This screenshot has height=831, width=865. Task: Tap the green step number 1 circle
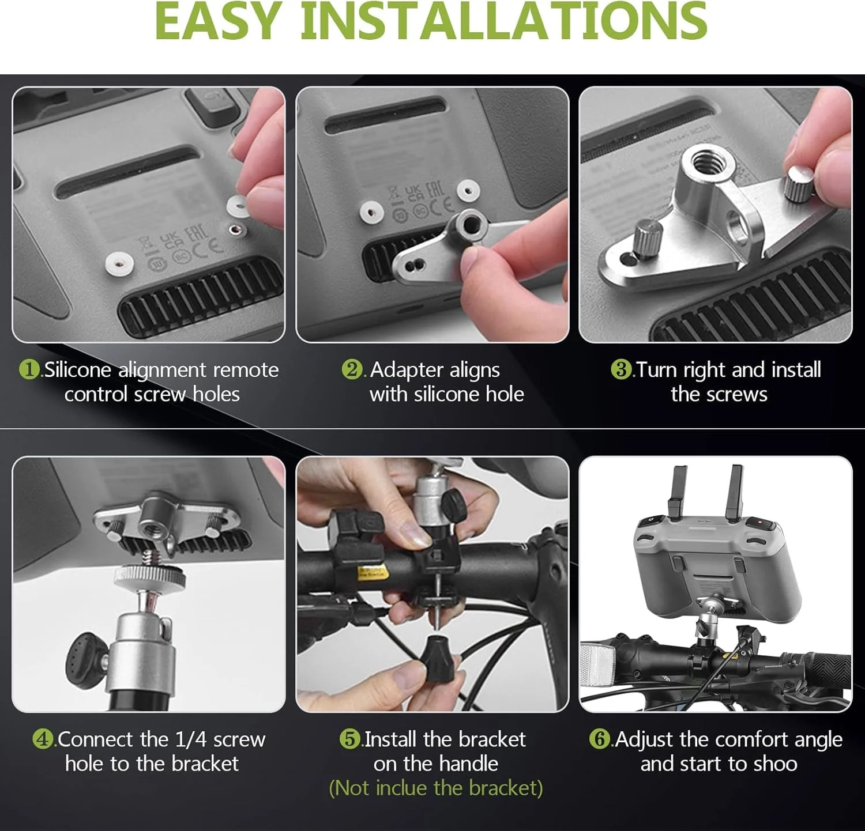(x=29, y=369)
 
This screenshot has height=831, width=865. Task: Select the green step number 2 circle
(x=352, y=369)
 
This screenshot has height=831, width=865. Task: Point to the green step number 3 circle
(x=621, y=369)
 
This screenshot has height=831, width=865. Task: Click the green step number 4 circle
(x=43, y=739)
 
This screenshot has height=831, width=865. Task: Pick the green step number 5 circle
(x=350, y=739)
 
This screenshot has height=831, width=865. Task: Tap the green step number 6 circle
(x=600, y=739)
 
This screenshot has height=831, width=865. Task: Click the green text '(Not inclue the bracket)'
(x=435, y=788)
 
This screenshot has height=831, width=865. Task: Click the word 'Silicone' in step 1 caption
(x=78, y=369)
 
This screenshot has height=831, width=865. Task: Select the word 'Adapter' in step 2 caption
(x=405, y=369)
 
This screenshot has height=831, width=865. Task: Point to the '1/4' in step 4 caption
(x=190, y=739)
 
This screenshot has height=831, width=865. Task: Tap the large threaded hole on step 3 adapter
(x=708, y=160)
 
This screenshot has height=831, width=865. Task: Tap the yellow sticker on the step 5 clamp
(x=372, y=572)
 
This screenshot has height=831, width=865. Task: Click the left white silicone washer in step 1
(x=119, y=263)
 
